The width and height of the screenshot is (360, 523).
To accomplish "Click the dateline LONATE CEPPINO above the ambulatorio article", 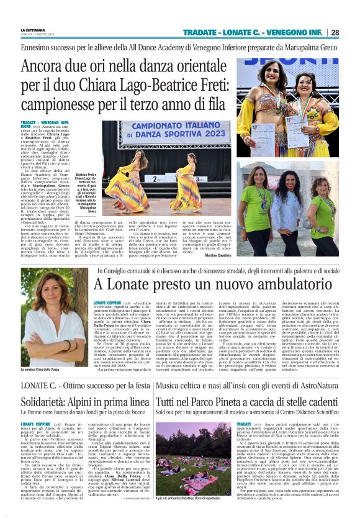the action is pos(106,302).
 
